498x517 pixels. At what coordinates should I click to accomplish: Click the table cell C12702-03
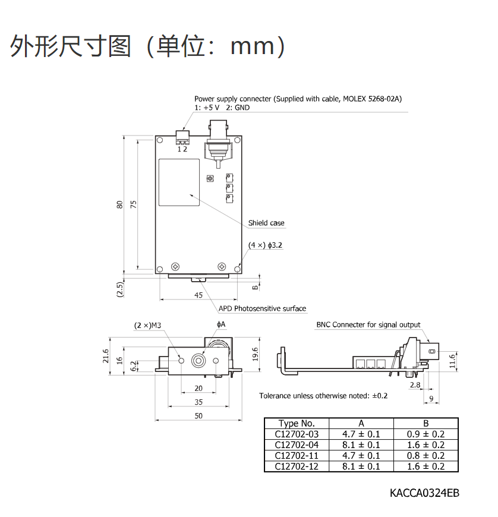pos(297,434)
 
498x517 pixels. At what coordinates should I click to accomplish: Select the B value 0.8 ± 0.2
pos(425,456)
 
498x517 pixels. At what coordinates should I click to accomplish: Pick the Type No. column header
pos(297,423)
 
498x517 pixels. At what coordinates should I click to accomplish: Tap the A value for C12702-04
pos(361,445)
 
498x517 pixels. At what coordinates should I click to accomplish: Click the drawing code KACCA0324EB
pos(424,493)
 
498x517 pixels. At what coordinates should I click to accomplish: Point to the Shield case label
pos(266,223)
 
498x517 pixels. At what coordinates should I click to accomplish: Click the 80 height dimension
pos(119,205)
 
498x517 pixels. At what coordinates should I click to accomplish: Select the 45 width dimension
pos(198,295)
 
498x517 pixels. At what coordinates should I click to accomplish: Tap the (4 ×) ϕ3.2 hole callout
pos(265,245)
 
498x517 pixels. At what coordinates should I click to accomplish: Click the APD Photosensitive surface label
pos(262,308)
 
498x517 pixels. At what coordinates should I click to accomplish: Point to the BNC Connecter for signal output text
pos(368,325)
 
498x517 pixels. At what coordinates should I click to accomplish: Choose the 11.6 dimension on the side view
pos(452,361)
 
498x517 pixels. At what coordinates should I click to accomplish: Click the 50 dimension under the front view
pos(198,416)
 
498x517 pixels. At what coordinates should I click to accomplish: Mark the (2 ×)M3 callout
pos(147,326)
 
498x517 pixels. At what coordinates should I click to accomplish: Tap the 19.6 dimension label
pos(256,354)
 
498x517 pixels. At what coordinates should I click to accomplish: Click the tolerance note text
pos(323,396)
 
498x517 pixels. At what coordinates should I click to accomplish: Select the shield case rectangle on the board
pos(179,182)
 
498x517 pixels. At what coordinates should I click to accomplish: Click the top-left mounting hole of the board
pos(160,140)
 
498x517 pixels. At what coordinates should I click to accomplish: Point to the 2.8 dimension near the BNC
pos(415,385)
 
